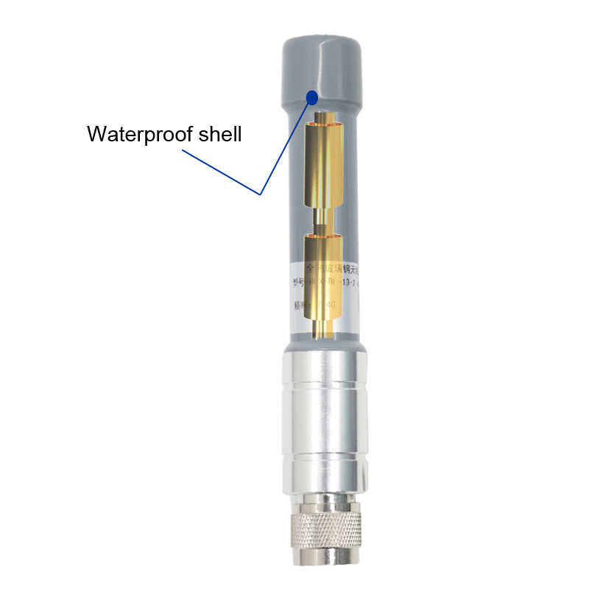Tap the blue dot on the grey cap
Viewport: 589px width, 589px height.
(312, 96)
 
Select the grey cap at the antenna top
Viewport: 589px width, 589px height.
(322, 66)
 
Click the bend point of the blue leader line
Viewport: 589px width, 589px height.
(261, 194)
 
